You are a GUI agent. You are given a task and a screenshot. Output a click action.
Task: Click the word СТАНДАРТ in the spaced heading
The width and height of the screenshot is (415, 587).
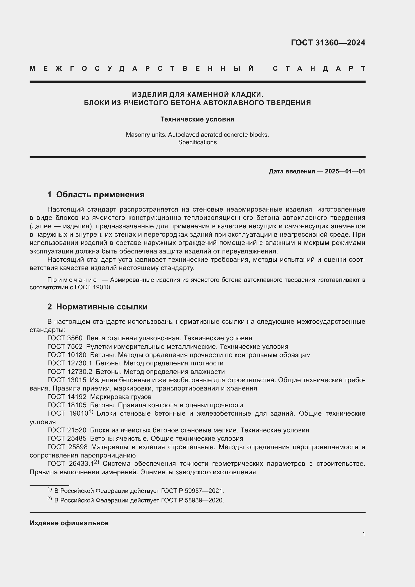click(319, 69)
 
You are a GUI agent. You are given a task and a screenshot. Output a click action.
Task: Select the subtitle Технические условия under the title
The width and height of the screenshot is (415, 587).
click(197, 119)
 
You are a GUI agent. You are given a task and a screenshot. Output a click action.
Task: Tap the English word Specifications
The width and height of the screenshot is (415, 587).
click(197, 142)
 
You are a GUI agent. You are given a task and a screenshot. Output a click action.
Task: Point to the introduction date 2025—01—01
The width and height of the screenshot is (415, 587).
click(345, 171)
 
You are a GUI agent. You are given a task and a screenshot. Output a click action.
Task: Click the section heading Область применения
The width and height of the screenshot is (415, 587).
click(100, 194)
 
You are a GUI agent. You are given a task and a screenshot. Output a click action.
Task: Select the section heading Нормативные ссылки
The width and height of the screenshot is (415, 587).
click(102, 306)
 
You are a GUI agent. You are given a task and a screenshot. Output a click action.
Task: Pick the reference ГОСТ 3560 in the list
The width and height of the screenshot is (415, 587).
click(65, 338)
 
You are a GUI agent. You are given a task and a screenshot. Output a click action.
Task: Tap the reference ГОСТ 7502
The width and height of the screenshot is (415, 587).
click(65, 347)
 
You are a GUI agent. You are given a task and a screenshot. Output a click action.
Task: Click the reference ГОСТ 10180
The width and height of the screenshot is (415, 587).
click(67, 355)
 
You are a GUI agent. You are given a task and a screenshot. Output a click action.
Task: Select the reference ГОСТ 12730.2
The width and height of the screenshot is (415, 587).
click(70, 371)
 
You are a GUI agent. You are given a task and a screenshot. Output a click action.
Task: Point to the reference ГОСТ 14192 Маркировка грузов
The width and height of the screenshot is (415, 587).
click(100, 397)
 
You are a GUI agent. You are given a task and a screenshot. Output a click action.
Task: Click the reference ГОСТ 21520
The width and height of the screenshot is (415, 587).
click(67, 430)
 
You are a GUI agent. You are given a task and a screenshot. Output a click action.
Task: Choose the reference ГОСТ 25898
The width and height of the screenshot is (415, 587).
click(67, 447)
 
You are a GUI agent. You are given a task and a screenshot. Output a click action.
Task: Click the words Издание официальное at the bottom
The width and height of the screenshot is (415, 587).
click(69, 523)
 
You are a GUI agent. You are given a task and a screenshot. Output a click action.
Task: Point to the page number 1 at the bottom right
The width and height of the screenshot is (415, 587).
click(363, 534)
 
